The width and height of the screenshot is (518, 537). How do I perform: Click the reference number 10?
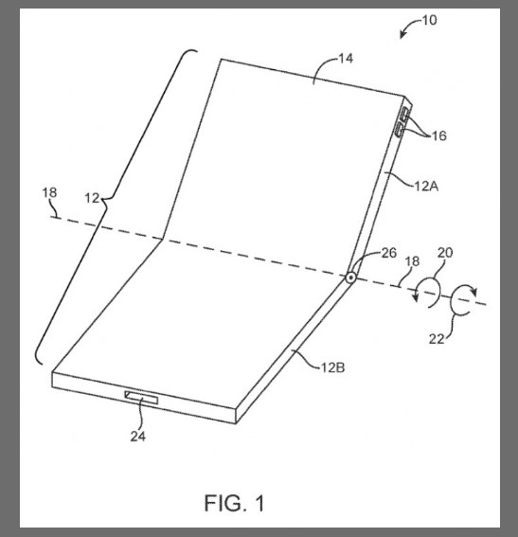point(429,20)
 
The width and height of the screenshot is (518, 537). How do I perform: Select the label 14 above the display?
point(346,58)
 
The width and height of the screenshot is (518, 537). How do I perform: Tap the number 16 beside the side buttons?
point(438,136)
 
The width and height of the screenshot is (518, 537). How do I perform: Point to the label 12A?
point(426,187)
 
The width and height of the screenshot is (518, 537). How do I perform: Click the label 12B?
point(332,367)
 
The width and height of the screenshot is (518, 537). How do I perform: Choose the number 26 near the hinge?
point(389,253)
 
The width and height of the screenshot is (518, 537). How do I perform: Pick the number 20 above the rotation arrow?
point(445,253)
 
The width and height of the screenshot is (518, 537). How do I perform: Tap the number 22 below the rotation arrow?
point(437,339)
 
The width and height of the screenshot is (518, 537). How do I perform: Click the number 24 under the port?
point(138,437)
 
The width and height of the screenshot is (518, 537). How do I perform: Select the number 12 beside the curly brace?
point(92,198)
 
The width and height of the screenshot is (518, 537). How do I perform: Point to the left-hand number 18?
point(49,192)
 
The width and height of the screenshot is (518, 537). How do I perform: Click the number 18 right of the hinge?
point(412,261)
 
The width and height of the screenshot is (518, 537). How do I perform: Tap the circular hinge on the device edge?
point(350,277)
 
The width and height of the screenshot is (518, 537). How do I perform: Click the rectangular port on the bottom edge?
point(141,398)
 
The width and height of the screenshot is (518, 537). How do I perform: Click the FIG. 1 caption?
point(235,503)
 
